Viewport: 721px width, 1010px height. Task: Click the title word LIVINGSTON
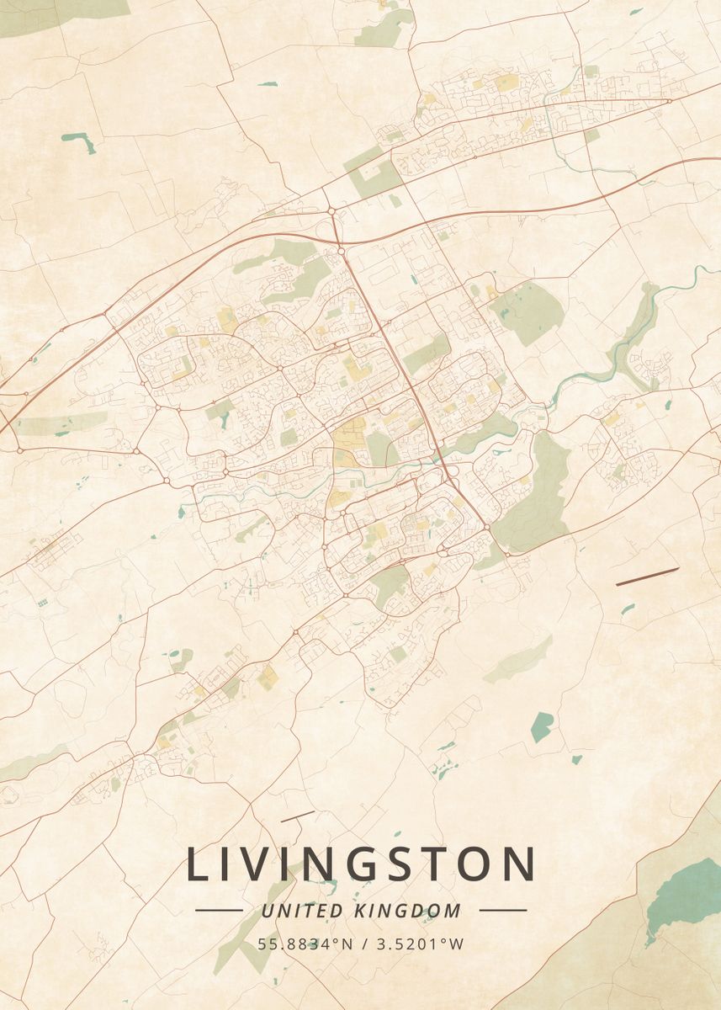(360, 864)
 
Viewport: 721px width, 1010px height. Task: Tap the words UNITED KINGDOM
(361, 911)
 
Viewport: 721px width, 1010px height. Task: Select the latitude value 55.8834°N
(305, 944)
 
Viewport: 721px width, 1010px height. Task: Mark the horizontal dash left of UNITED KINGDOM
(219, 910)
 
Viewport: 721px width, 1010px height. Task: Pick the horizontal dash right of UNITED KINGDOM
(502, 910)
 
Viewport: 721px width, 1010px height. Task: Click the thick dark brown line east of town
(647, 577)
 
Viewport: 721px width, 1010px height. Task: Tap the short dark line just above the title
(297, 816)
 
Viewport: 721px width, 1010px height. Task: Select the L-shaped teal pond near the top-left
(79, 141)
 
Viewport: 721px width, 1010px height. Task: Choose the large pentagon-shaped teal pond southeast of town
(542, 726)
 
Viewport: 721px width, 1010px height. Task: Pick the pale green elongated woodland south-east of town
(518, 661)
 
